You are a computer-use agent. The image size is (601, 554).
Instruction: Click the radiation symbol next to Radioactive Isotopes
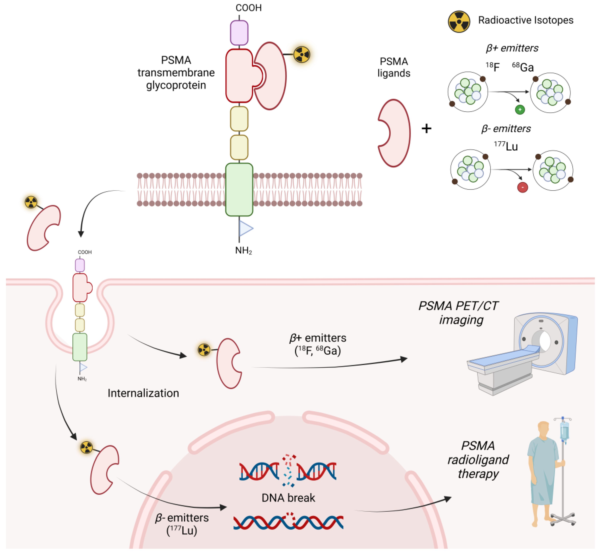point(459,22)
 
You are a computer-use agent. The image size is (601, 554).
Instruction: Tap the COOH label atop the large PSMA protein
point(249,8)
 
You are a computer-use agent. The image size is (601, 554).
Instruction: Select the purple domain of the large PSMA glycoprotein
point(239,33)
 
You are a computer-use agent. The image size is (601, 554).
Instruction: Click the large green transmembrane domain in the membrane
point(239,190)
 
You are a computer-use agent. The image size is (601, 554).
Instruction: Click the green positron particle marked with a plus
point(520,110)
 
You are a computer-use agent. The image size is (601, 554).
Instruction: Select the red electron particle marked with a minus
point(523,187)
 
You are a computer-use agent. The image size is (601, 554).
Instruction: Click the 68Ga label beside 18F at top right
point(523,67)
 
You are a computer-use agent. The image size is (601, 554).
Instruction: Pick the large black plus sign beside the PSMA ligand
point(426,129)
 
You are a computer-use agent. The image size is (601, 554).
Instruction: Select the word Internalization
point(143,393)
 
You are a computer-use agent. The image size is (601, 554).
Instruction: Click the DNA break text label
point(288,498)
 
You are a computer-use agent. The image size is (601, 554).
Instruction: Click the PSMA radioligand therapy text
point(478,460)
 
